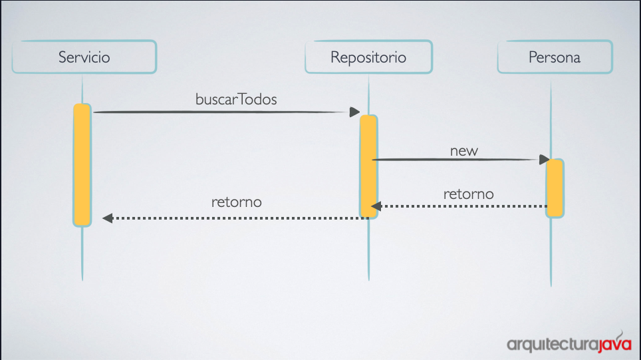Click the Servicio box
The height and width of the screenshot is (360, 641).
click(x=84, y=57)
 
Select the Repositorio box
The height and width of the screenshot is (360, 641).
click(x=369, y=57)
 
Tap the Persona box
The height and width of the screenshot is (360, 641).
click(x=555, y=57)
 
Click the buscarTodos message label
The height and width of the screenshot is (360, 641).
click(x=236, y=99)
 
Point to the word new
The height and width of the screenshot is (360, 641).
click(x=464, y=151)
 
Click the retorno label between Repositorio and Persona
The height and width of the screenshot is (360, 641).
click(x=469, y=194)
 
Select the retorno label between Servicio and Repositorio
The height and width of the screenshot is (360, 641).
click(x=237, y=202)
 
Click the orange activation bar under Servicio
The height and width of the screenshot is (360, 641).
click(x=82, y=165)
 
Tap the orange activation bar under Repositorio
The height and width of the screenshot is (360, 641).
click(x=368, y=166)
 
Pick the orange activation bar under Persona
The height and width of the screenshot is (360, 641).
click(x=555, y=188)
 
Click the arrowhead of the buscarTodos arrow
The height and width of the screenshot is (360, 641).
click(x=354, y=112)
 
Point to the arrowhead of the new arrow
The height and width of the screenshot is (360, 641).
click(x=544, y=160)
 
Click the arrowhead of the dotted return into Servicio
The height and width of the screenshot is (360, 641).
click(x=108, y=218)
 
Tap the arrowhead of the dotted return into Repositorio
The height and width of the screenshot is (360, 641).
click(x=376, y=206)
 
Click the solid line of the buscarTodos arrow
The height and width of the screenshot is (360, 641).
click(x=221, y=112)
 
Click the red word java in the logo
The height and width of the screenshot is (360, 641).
click(x=615, y=343)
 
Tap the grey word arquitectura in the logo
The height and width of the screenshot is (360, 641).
click(x=553, y=345)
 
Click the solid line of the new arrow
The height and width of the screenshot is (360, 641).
click(x=455, y=160)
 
